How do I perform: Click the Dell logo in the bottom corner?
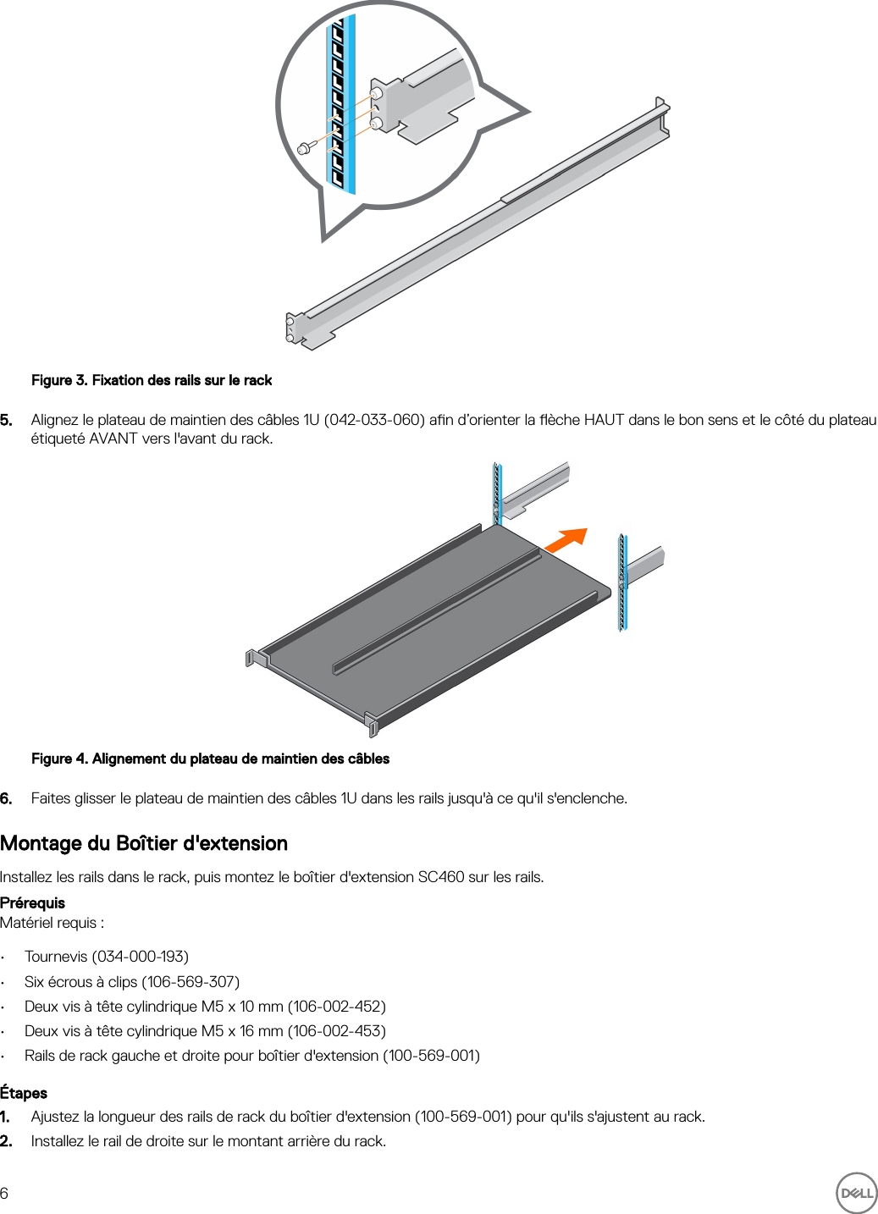coord(856,1193)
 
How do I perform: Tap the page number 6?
coord(5,1194)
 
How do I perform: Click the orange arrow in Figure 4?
coord(566,540)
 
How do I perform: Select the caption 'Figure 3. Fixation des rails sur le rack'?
coord(152,380)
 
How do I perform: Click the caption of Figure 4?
coord(210,759)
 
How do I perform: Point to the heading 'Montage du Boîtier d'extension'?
coord(144,843)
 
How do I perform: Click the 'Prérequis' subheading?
coord(32,902)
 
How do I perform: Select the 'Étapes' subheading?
coord(24,1093)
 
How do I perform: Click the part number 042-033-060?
coord(373,420)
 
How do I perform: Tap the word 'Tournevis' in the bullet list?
coord(56,957)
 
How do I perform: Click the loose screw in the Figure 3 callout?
coord(305,148)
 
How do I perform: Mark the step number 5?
coord(6,420)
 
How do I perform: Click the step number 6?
coord(6,798)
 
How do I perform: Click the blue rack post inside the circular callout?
coord(340,102)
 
